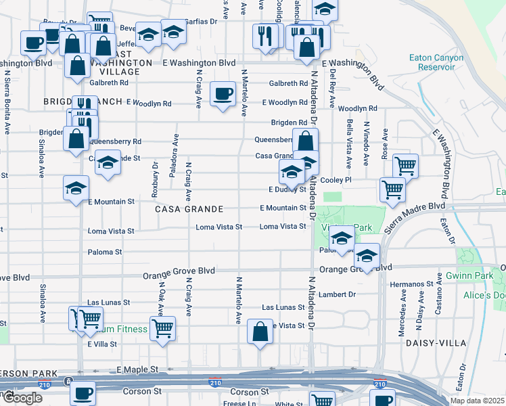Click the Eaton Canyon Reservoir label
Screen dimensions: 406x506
[436, 62]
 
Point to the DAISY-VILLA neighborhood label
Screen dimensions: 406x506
[436, 343]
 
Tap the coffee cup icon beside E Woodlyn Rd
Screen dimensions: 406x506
[222, 93]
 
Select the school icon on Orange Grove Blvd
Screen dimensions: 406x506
[367, 256]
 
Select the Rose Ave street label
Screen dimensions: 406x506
[385, 144]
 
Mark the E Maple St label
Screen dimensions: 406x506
[137, 370]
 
